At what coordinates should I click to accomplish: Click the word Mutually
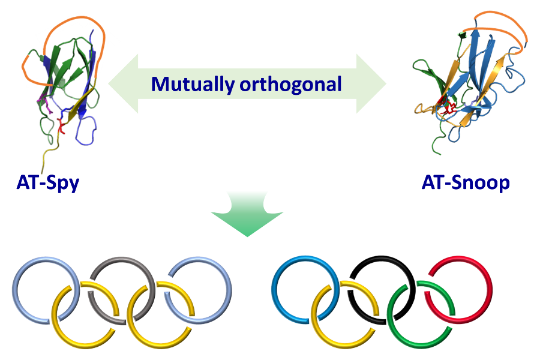tap(193, 85)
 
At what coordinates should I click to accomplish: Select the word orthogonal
tap(290, 85)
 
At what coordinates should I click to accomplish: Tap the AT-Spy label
tap(48, 183)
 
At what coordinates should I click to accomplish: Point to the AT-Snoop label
tap(466, 182)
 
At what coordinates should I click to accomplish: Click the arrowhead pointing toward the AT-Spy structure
tap(123, 84)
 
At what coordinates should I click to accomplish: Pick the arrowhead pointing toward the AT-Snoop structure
tap(371, 84)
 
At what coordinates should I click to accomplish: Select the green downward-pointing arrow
tap(247, 214)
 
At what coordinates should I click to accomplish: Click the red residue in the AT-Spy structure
tap(61, 126)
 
